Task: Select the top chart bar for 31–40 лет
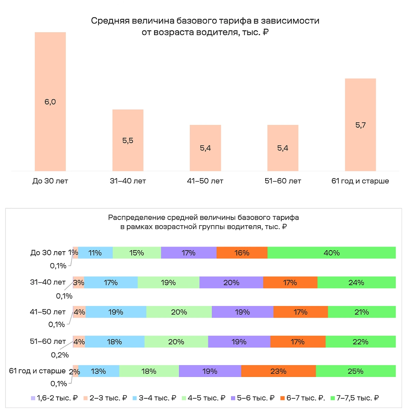coord(128,140)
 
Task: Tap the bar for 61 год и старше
coord(360,125)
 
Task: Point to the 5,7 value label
coord(360,125)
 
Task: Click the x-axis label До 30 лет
coord(50,181)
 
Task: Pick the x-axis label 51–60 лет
coord(283,181)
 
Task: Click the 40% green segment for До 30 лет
coord(331,253)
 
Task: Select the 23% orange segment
coord(278,371)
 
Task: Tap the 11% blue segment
coord(95,253)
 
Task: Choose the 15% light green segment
coord(136,253)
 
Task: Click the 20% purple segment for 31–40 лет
coord(231,282)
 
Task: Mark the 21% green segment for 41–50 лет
coord(361,312)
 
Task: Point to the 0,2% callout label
coord(60,355)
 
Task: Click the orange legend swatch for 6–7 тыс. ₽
coord(282,398)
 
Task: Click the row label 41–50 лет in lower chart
coord(48,312)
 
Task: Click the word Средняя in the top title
coord(110,21)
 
